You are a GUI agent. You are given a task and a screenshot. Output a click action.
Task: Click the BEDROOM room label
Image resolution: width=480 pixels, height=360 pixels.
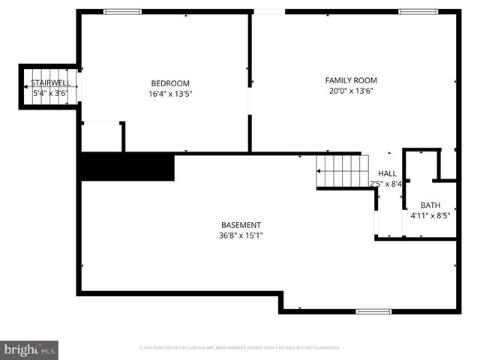pos(170,83)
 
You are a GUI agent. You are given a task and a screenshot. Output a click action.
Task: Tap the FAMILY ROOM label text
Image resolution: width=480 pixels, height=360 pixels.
pos(351,80)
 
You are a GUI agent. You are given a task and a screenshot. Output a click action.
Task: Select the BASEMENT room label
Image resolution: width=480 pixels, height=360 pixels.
pos(241,225)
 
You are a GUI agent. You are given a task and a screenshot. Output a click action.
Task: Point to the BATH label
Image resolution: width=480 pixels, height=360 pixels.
pos(430,205)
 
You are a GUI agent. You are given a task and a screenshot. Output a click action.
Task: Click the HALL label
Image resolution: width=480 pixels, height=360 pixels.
pos(387,174)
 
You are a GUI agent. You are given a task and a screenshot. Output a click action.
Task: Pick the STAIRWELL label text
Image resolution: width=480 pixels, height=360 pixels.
pos(50,82)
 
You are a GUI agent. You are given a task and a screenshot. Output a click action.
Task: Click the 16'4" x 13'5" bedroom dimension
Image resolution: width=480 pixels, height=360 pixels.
pos(170,94)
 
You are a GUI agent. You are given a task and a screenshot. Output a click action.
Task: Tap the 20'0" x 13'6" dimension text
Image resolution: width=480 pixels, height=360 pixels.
pos(351,91)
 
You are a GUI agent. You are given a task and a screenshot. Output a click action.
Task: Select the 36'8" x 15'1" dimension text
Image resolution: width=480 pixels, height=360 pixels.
pos(241,235)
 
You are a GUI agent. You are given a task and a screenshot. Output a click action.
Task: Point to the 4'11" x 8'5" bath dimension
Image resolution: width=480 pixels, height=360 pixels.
pos(430,215)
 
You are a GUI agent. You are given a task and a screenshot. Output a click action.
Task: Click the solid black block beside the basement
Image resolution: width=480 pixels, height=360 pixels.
pos(127,166)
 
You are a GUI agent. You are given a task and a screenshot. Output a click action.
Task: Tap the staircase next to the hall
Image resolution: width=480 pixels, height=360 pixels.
pos(342,171)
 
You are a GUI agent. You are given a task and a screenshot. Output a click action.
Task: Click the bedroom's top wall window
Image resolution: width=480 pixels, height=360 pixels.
pos(122,11)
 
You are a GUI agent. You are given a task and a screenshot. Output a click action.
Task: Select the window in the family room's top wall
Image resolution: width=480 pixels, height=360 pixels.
pos(418,11)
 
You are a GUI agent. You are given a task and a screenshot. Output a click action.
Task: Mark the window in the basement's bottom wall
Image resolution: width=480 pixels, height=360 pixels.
pos(373,311)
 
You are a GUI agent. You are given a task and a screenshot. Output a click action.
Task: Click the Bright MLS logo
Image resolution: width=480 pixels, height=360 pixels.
pos(29,349)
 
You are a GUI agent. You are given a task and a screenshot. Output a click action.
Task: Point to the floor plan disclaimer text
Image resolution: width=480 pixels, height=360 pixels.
pos(240,348)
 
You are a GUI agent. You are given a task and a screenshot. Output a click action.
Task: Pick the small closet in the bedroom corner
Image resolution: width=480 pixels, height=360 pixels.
pos(101,136)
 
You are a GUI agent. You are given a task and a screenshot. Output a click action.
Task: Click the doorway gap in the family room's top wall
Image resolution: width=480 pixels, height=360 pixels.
pos(269,11)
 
